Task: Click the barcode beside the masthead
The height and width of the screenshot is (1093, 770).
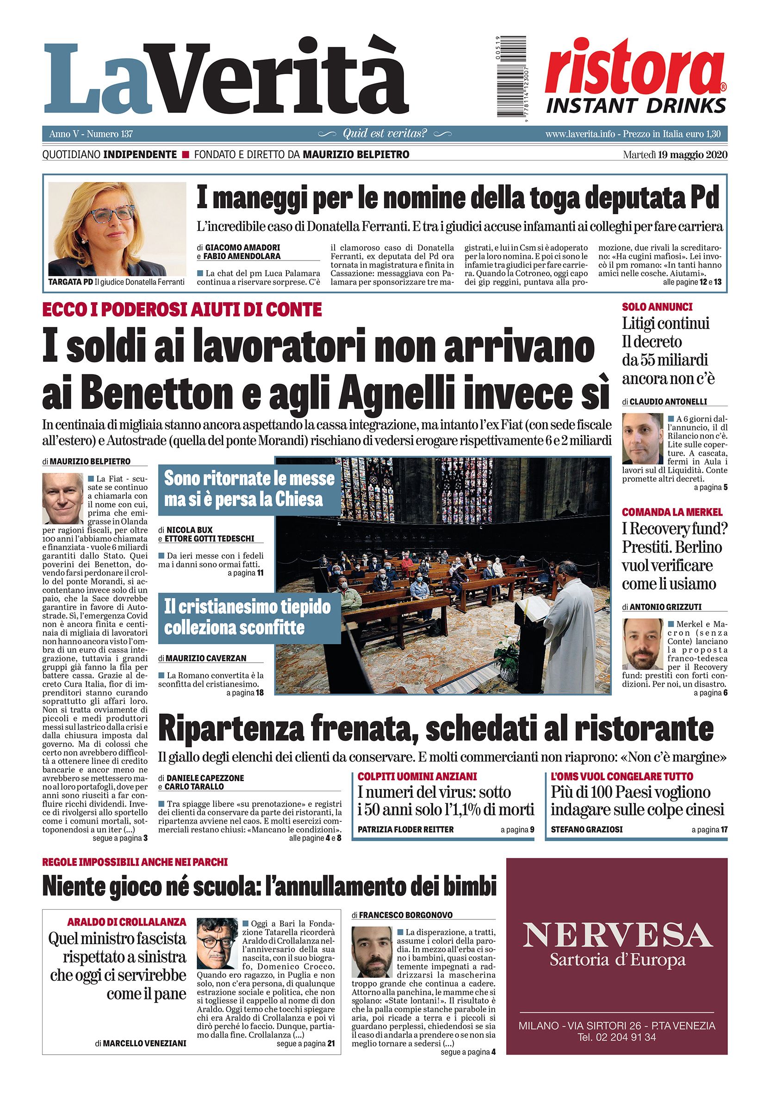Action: pyautogui.click(x=515, y=77)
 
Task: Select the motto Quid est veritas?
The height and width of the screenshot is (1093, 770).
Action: pyautogui.click(x=385, y=134)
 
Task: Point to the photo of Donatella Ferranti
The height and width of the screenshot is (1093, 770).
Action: pyautogui.click(x=117, y=229)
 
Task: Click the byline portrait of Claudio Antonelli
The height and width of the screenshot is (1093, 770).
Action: pyautogui.click(x=642, y=438)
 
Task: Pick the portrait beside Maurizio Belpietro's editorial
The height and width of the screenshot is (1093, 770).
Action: pyautogui.click(x=62, y=498)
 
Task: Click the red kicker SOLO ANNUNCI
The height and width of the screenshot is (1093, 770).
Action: pyautogui.click(x=657, y=307)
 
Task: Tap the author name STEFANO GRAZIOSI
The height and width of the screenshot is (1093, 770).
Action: pyautogui.click(x=586, y=829)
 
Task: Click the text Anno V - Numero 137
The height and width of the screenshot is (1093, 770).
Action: pyautogui.click(x=90, y=134)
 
